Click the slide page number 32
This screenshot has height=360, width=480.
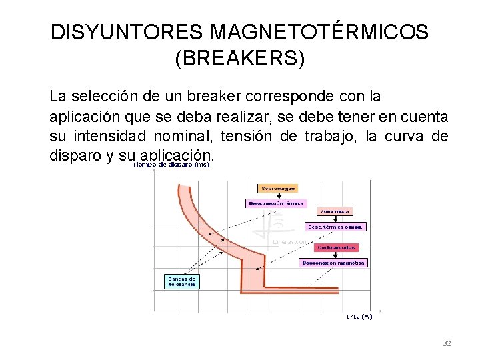pos(447,343)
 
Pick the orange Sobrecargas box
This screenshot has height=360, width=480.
pos(277,188)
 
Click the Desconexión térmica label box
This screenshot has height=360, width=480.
pos(276,203)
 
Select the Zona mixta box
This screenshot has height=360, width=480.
pos(335,211)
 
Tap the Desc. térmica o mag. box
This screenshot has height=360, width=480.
pos(335,227)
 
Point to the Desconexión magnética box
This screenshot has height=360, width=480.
pos(333,263)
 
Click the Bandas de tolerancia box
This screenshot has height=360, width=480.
pos(181,281)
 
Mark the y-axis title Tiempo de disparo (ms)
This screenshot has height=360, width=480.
pos(172,165)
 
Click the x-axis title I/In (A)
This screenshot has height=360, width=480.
pos(359,317)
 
